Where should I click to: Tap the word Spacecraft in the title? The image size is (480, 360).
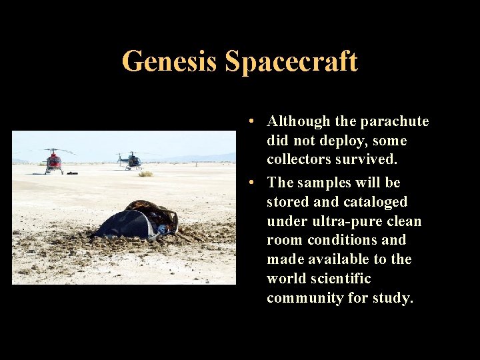click(x=291, y=62)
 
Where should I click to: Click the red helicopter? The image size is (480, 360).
click(x=54, y=161)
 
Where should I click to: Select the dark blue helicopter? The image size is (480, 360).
click(x=131, y=160)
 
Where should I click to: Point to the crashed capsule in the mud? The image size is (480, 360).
click(x=139, y=221)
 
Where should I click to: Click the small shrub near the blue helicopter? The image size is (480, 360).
click(x=145, y=174)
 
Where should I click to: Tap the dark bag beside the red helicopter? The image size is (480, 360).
click(x=71, y=173)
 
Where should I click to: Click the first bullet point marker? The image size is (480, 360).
click(x=248, y=122)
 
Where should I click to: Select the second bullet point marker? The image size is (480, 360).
click(x=248, y=183)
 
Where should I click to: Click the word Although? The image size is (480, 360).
click(x=299, y=121)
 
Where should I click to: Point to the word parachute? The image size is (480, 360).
click(x=395, y=121)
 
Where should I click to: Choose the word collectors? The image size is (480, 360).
click(x=299, y=160)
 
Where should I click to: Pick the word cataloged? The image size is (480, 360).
click(x=374, y=201)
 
